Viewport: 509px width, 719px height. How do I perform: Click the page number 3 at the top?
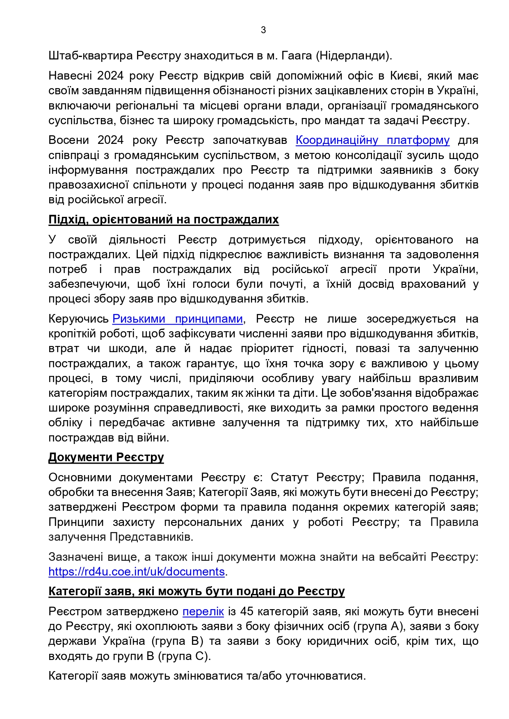[263, 30]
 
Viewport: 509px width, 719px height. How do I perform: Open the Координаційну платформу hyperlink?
[372, 140]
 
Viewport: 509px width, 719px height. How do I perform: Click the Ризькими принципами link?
[178, 319]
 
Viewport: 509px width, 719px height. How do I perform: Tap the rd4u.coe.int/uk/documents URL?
[137, 571]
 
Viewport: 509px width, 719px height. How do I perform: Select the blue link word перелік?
[203, 612]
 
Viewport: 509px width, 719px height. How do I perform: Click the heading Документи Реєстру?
[106, 457]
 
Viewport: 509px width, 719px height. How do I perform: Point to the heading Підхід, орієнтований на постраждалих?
[163, 220]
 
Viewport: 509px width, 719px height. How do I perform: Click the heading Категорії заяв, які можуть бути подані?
[196, 591]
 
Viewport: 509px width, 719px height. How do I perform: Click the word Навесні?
[68, 76]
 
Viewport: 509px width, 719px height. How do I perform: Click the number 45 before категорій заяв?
[247, 612]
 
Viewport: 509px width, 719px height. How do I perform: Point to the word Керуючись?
[78, 319]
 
